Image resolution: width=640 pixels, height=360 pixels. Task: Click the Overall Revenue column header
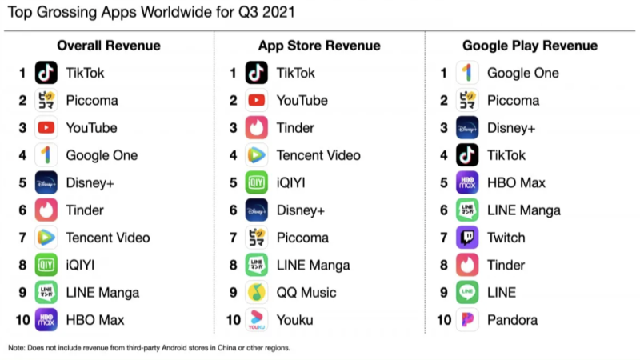pyautogui.click(x=109, y=46)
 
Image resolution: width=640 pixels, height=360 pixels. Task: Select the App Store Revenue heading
pyautogui.click(x=319, y=46)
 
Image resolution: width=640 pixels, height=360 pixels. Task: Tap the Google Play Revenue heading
pyautogui.click(x=530, y=46)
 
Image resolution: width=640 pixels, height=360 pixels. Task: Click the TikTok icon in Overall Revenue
pyautogui.click(x=46, y=74)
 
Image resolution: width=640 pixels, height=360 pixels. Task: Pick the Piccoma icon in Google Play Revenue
pyautogui.click(x=467, y=101)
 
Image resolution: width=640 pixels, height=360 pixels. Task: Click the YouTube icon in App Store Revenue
pyautogui.click(x=257, y=101)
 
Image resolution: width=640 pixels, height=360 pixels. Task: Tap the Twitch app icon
pyautogui.click(x=467, y=238)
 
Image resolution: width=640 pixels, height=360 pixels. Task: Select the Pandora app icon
pyautogui.click(x=467, y=320)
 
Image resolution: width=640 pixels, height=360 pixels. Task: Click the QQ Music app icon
pyautogui.click(x=257, y=293)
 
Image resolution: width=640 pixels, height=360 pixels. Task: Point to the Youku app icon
pyautogui.click(x=257, y=320)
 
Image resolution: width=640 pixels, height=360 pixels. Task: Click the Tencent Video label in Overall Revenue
pyautogui.click(x=108, y=238)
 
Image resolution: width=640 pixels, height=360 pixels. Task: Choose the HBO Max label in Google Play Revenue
pyautogui.click(x=516, y=183)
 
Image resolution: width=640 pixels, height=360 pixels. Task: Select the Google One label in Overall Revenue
pyautogui.click(x=102, y=155)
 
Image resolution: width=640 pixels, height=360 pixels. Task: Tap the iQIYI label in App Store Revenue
pyautogui.click(x=292, y=183)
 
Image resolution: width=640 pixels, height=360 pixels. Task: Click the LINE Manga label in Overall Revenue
pyautogui.click(x=102, y=293)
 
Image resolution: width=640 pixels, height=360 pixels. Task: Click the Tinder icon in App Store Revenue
pyautogui.click(x=257, y=128)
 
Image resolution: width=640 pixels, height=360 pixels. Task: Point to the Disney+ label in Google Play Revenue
pyautogui.click(x=511, y=128)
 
